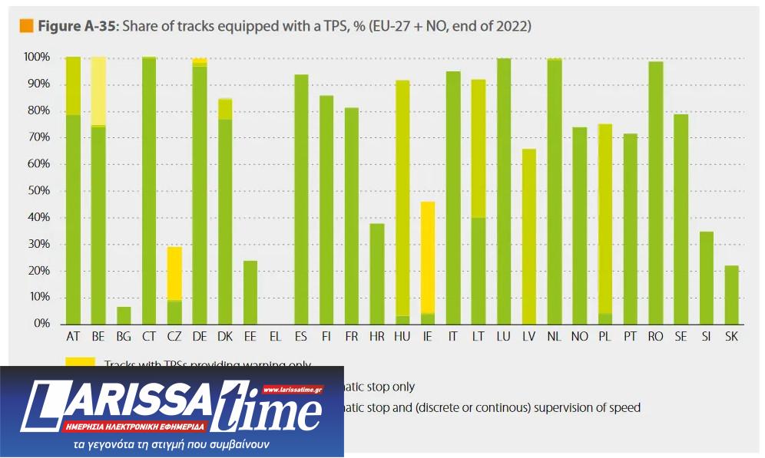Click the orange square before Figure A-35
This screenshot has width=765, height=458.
pyautogui.click(x=26, y=27)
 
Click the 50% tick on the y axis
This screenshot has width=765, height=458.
pyautogui.click(x=38, y=191)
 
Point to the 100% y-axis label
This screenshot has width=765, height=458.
pyautogui.click(x=36, y=58)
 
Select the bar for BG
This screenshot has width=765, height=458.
pyautogui.click(x=124, y=315)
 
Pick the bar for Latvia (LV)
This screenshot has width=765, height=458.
pyautogui.click(x=529, y=236)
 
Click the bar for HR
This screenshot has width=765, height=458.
pyautogui.click(x=377, y=273)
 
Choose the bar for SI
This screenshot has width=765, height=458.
pyautogui.click(x=707, y=278)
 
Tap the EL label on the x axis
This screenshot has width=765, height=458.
pyautogui.click(x=276, y=337)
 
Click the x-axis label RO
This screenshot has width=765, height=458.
pyautogui.click(x=656, y=337)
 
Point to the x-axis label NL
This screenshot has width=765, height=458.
pyautogui.click(x=555, y=337)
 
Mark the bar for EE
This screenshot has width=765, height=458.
pyautogui.click(x=250, y=292)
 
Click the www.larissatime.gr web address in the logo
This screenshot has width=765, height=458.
pyautogui.click(x=293, y=390)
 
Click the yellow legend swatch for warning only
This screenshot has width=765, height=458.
pyautogui.click(x=81, y=362)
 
